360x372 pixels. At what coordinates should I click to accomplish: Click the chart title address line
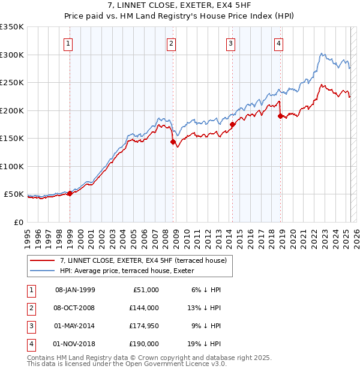179,6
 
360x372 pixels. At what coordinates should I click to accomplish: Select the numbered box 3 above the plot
230,43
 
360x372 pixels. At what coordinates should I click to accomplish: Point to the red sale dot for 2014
232,125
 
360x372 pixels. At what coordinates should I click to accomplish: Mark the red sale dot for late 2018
280,116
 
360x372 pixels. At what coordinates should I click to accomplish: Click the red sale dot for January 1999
70,193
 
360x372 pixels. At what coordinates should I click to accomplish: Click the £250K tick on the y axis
11,83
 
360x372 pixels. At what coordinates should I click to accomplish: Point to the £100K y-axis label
11,166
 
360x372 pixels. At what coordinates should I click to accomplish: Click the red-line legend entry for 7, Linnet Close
143,260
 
